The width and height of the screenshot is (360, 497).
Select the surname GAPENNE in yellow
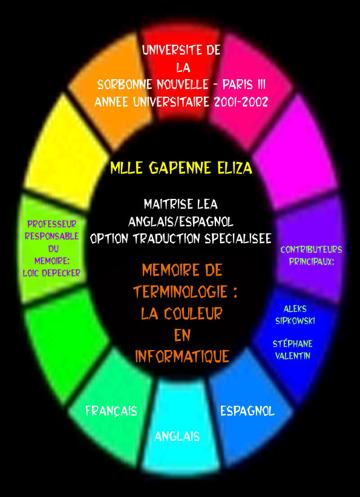pyautogui.click(x=180, y=167)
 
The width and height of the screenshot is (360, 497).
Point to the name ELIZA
pyautogui.click(x=235, y=167)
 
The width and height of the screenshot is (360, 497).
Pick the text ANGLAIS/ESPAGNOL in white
pyautogui.click(x=181, y=221)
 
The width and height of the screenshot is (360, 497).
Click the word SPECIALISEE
pyautogui.click(x=238, y=238)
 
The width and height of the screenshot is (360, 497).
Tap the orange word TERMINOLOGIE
pyautogui.click(x=180, y=291)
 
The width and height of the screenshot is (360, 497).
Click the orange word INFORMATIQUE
pyautogui.click(x=182, y=356)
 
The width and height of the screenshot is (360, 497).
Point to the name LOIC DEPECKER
pyautogui.click(x=51, y=273)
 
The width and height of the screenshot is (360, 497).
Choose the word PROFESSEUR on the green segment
pyautogui.click(x=51, y=224)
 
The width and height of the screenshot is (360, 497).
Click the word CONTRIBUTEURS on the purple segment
pyautogui.click(x=312, y=250)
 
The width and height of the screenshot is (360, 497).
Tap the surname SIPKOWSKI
pyautogui.click(x=295, y=321)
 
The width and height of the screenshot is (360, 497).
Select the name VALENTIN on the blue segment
pyautogui.click(x=293, y=356)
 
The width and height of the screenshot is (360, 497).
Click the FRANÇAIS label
pyautogui.click(x=111, y=411)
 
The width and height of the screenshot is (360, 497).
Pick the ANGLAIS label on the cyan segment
pyautogui.click(x=177, y=437)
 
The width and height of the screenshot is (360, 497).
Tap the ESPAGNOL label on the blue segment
pyautogui.click(x=247, y=411)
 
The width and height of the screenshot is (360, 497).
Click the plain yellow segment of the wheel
pyautogui.click(x=66, y=152)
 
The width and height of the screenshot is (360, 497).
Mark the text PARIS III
pyautogui.click(x=244, y=85)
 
